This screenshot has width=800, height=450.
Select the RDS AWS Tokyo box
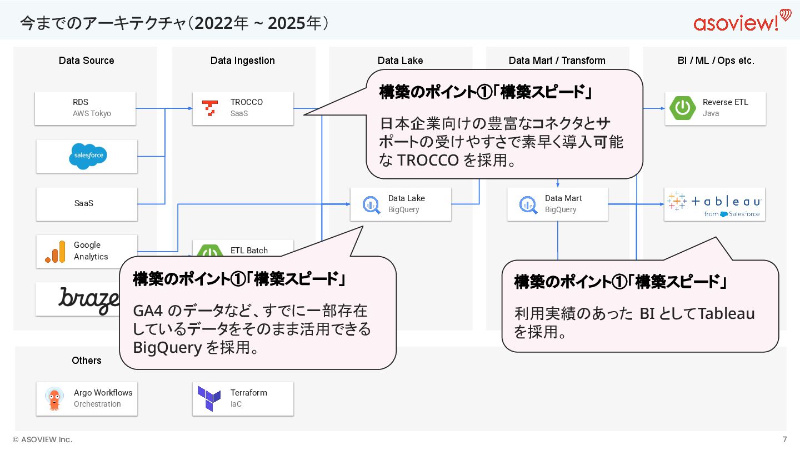coord(85,108)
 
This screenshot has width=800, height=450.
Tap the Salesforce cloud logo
coord(88,156)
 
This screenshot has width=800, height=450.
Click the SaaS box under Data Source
coord(86,203)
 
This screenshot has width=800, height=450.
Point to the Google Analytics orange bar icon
coord(55,252)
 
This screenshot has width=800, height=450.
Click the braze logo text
coord(89,300)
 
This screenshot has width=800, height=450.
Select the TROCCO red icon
coord(209,108)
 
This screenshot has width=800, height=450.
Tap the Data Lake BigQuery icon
coord(371,204)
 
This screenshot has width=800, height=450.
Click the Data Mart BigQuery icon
coord(528,204)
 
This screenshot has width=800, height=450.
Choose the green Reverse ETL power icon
coord(683,108)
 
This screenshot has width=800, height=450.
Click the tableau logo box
coord(714,204)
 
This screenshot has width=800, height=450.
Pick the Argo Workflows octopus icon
coord(54,398)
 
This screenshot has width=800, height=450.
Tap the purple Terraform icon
coord(209,398)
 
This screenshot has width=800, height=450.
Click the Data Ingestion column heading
coord(243,61)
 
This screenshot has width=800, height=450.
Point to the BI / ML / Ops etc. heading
coord(716,61)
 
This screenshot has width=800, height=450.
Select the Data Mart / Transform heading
coord(557,61)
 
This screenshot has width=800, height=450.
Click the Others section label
coord(87,361)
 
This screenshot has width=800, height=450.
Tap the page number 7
coord(784,439)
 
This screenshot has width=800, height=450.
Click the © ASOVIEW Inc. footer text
coord(43,439)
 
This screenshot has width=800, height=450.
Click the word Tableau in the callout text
coord(726,314)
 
